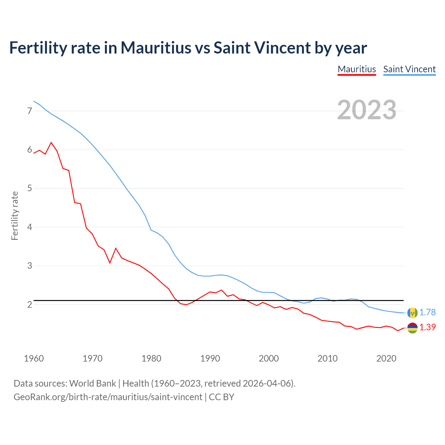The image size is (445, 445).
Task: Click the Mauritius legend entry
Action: point(357,69)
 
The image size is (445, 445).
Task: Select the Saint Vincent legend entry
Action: point(409,69)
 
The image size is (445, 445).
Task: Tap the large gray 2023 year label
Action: point(367,110)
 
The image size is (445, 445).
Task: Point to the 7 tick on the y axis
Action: point(30,111)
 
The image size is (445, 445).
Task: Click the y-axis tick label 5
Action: point(30,188)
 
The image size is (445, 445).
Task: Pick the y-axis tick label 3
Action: point(30,266)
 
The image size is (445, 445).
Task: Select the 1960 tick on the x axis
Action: point(34,358)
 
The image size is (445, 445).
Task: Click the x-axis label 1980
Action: point(151,358)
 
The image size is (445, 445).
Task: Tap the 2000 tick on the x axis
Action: point(269,358)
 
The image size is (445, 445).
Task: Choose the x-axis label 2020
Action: point(386,358)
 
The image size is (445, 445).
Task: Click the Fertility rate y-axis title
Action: point(15,216)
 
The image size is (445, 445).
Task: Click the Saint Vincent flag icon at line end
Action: point(412,313)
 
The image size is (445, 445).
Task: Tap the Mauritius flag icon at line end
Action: point(412,327)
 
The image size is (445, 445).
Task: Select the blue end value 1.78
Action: point(427,313)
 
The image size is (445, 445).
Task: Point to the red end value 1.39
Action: point(427,327)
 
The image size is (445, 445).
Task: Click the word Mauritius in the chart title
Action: point(156,48)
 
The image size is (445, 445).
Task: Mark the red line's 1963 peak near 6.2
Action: point(51,143)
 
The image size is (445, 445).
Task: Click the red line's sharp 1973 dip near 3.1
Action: point(110,263)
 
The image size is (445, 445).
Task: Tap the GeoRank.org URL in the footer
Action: point(108,397)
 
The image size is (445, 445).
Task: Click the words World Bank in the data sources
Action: point(92,383)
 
